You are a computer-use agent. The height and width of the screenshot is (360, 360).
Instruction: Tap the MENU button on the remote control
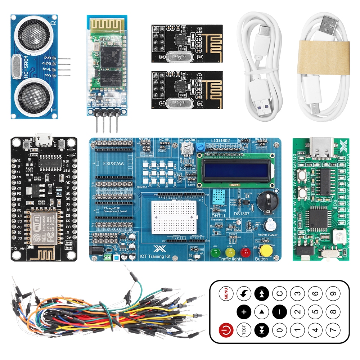coord(226,294)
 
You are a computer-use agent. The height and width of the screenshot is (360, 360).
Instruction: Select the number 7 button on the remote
coord(333,329)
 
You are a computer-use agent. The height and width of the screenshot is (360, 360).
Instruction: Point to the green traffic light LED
coord(216,252)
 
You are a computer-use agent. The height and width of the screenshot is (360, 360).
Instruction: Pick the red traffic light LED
coord(245,252)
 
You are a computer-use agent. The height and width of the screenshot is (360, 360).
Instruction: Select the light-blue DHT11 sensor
coord(219,197)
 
